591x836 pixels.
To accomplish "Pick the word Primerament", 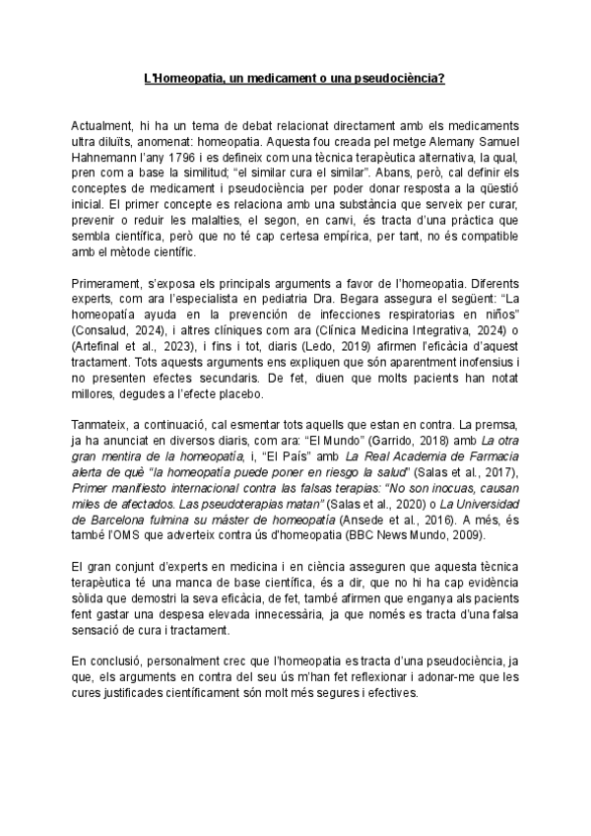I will pos(109,283).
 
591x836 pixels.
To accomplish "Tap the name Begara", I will pos(361,297).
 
